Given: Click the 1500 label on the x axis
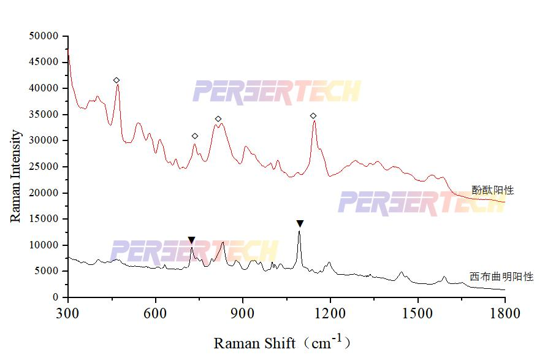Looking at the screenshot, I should (417, 314).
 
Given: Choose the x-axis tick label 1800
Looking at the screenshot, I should (505, 314).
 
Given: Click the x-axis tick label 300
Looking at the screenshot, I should (68, 314).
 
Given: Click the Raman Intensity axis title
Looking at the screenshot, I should (16, 175).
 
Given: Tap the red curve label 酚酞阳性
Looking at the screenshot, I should (492, 191).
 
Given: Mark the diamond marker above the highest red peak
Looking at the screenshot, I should (116, 80).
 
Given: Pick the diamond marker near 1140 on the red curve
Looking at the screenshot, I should (313, 116).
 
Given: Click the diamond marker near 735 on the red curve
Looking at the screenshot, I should (195, 136).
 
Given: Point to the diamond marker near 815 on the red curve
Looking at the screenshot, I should (218, 119).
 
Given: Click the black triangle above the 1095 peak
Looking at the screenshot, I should (300, 224).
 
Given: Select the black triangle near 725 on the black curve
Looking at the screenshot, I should (191, 240).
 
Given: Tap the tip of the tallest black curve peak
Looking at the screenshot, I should (299, 232).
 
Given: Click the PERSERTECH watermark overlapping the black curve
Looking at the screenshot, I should (194, 251).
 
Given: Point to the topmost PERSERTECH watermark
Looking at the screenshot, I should (276, 91).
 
